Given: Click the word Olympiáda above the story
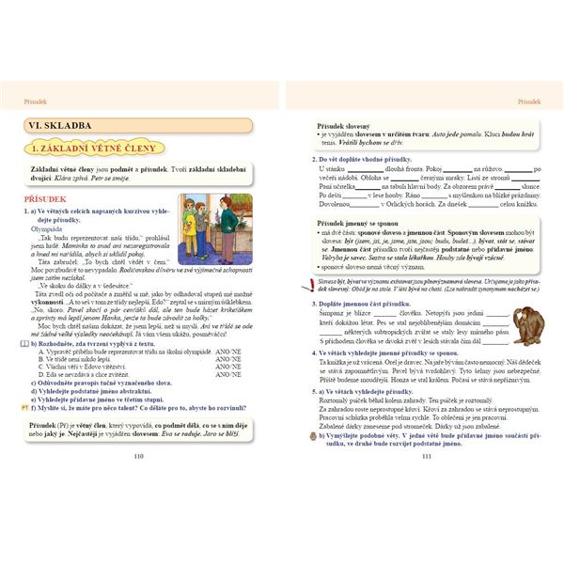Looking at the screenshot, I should click(46, 228).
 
